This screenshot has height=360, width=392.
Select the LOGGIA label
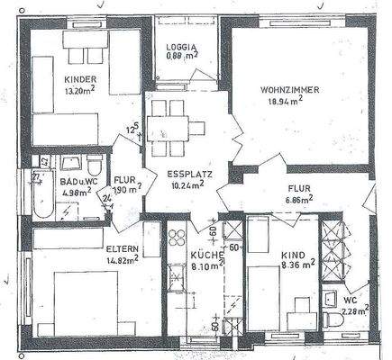[x=182, y=46]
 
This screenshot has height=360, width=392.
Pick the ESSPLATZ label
[x=188, y=175]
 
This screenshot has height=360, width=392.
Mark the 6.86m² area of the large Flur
[x=299, y=201]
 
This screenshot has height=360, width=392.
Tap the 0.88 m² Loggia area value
[x=182, y=57]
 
